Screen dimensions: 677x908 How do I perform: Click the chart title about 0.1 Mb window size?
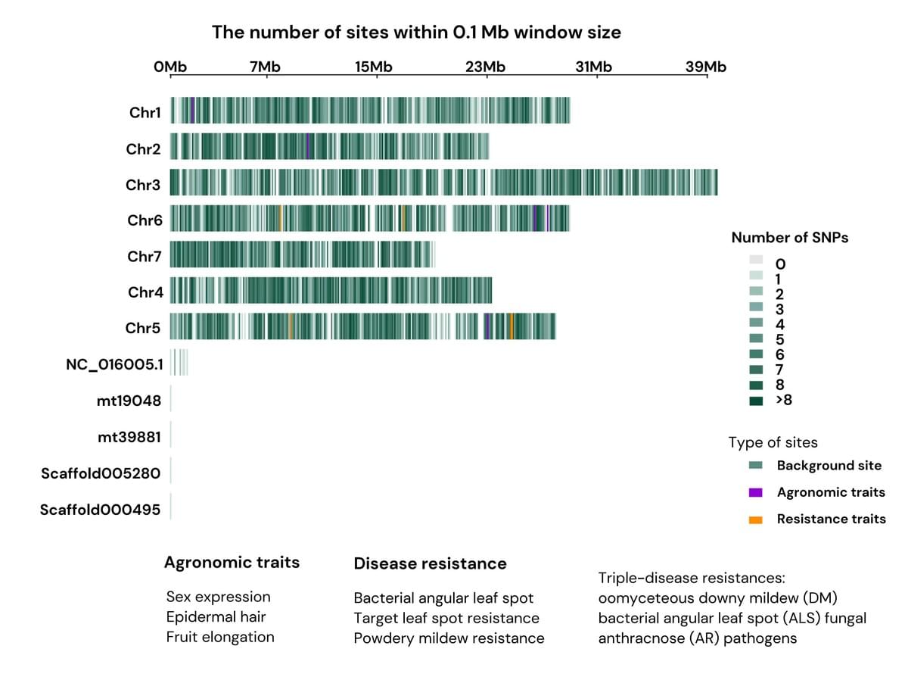click(416, 32)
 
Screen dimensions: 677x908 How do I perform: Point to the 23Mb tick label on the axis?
click(484, 67)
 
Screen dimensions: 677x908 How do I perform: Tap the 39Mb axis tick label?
click(705, 67)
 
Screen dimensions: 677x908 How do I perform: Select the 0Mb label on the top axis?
click(169, 67)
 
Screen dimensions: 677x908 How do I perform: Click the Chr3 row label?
click(143, 185)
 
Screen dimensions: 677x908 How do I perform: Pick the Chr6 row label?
click(145, 220)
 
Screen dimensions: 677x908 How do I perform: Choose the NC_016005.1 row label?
click(113, 364)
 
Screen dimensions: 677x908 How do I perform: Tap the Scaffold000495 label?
click(100, 510)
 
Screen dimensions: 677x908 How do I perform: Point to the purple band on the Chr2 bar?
click(308, 146)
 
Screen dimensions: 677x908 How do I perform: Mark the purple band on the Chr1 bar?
click(193, 111)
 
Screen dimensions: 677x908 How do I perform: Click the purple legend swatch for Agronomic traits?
click(755, 493)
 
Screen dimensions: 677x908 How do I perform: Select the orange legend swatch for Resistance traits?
click(755, 519)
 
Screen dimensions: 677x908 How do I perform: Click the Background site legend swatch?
click(755, 466)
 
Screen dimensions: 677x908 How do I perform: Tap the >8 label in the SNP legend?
click(784, 400)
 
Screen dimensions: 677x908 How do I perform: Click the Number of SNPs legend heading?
click(789, 238)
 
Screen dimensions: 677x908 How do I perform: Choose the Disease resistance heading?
click(430, 563)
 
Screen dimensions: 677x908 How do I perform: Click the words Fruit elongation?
click(220, 637)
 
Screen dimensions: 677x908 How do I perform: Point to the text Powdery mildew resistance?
click(449, 638)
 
